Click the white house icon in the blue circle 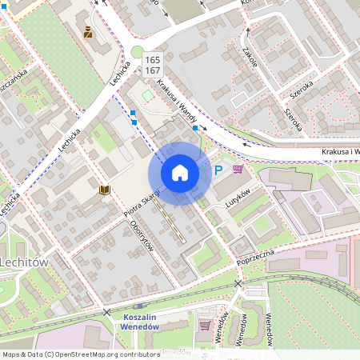tap(180, 173)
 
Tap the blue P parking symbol tap(218, 170)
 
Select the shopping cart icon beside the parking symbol tap(238, 169)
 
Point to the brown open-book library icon tap(103, 190)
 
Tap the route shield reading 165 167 tap(152, 65)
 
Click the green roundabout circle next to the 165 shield tap(137, 53)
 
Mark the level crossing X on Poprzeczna tap(238, 283)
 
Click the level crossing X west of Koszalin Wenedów tap(106, 312)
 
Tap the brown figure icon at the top tap(88, 33)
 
